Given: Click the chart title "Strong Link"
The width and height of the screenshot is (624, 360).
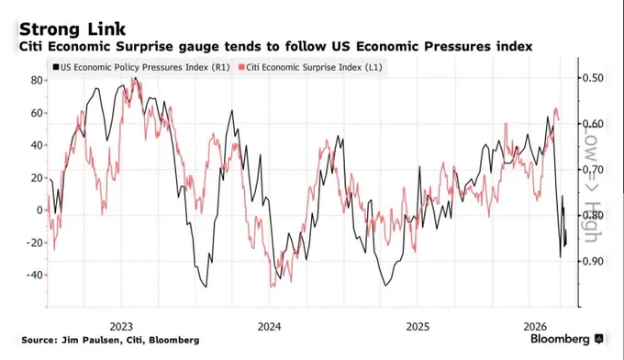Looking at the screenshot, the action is click(x=72, y=29).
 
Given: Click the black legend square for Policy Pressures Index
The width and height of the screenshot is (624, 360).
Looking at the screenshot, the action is click(x=56, y=67).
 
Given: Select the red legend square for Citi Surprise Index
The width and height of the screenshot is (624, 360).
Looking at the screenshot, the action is click(x=241, y=67).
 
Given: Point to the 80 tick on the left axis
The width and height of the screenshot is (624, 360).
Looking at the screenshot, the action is click(x=37, y=81).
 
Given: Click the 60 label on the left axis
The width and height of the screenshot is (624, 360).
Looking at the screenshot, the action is click(x=37, y=113).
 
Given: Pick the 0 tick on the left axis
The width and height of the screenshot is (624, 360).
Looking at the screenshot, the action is click(x=39, y=210).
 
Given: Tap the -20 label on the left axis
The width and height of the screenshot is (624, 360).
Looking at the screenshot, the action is click(x=35, y=242).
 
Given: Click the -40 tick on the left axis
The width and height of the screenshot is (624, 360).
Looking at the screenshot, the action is click(x=35, y=276).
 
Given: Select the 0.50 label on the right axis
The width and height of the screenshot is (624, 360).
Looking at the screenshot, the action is click(x=593, y=78).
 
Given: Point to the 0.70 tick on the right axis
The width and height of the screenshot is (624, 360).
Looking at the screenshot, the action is click(x=593, y=170).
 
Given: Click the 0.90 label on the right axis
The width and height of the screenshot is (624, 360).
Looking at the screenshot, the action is click(x=593, y=261).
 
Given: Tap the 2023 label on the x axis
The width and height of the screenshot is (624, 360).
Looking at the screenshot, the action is click(x=121, y=327).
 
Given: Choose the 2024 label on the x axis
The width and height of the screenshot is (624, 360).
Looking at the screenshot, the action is click(x=270, y=327).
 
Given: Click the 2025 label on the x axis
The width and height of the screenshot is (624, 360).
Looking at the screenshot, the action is click(x=418, y=327).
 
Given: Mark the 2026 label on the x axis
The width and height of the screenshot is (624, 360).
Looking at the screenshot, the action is click(x=535, y=327).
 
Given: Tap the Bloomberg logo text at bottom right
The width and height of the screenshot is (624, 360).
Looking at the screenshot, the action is click(x=560, y=339).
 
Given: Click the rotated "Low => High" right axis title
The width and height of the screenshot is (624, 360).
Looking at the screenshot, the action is click(x=591, y=186).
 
